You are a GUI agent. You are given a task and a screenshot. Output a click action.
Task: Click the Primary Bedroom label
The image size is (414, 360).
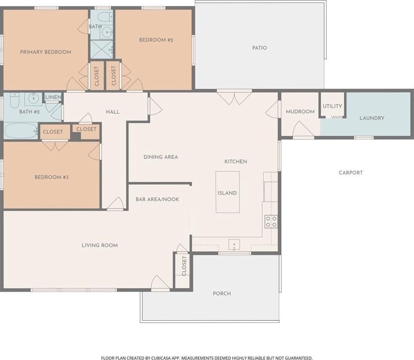[x=46, y=52]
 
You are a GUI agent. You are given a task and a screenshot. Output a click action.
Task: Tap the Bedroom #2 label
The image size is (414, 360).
[x=156, y=40]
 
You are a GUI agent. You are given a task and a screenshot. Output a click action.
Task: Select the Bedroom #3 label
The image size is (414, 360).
[x=51, y=177]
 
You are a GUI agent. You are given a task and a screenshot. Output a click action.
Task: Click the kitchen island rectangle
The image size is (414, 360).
[x=228, y=192]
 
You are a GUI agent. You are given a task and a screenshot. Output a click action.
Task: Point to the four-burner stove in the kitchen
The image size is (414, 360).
[x=271, y=221]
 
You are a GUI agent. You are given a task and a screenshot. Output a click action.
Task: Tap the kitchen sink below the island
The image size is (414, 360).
[x=234, y=245]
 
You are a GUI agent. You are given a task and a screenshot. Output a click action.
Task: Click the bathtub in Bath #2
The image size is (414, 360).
[x=21, y=131]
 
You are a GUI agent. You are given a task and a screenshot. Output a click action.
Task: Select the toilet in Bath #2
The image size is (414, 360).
[x=14, y=100]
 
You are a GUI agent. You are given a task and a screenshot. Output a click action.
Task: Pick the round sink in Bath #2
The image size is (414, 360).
[x=34, y=99]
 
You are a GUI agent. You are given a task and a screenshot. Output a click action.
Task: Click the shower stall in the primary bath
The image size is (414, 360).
[x=102, y=49]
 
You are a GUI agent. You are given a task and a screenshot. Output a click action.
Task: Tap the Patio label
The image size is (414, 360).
[x=260, y=48]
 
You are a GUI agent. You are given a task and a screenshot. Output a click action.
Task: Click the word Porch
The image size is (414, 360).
[x=222, y=293]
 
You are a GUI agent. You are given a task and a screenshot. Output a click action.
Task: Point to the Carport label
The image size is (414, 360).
[x=351, y=173]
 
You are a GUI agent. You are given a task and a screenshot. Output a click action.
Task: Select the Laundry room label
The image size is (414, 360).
[x=372, y=118]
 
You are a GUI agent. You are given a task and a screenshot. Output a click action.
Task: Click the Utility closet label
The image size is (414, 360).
[x=332, y=106]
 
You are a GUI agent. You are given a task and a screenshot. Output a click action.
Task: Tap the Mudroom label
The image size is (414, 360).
[x=300, y=111]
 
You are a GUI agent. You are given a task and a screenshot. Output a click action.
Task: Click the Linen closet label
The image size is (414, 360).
[x=53, y=97]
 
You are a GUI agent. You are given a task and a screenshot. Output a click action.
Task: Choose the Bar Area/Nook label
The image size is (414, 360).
[x=157, y=199]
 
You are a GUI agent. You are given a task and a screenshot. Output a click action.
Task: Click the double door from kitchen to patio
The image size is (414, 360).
[x=234, y=97]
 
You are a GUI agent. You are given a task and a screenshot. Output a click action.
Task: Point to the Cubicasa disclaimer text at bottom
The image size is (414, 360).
[x=207, y=358]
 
